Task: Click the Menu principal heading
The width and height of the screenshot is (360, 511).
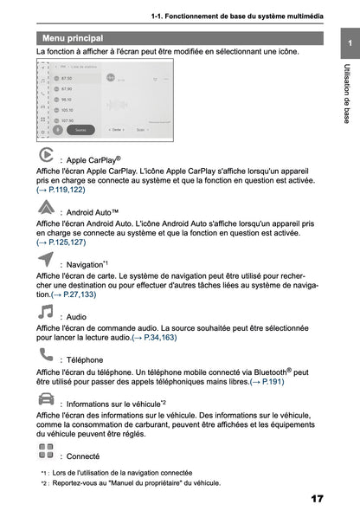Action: point(73,38)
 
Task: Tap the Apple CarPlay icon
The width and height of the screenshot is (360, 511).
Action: point(47,156)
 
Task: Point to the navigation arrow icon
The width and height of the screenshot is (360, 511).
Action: point(47,258)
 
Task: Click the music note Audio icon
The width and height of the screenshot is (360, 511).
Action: point(46,311)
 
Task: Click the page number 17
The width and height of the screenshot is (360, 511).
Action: point(316,499)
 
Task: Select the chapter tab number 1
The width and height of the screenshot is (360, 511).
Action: point(346,42)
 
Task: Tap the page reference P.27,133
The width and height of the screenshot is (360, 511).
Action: point(74,294)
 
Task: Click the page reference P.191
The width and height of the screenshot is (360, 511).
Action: point(268,381)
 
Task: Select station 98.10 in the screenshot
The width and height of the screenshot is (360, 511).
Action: point(65,100)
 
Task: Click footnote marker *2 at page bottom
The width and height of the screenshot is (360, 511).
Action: point(43,482)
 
